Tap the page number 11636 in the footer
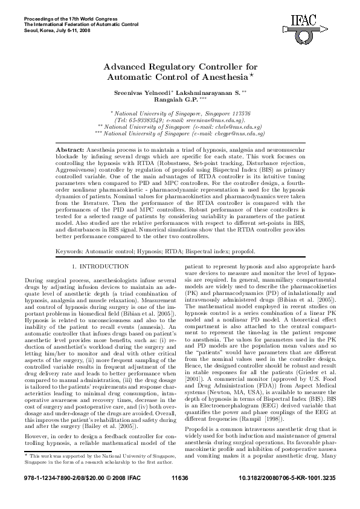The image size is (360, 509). pos(180,495)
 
